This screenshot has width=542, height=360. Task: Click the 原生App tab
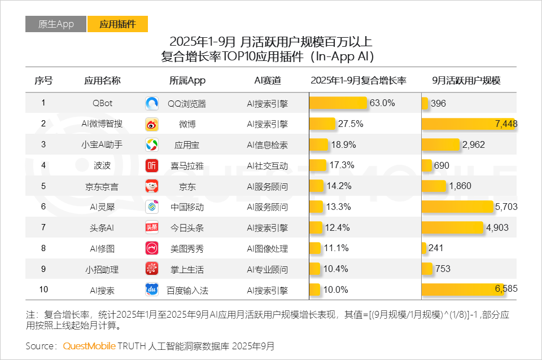56,24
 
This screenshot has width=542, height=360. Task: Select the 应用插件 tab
117,24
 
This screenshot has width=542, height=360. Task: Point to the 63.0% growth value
382,103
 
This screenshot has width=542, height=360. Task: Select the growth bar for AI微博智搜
322,124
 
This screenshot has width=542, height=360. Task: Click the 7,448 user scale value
506,124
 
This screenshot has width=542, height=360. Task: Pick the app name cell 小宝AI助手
102,145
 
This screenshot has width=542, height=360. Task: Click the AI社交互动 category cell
267,166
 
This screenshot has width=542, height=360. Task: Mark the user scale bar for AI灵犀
457,207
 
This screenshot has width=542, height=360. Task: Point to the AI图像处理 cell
267,249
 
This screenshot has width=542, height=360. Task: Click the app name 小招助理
102,269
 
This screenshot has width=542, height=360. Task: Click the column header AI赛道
267,81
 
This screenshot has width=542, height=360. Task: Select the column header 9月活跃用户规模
466,81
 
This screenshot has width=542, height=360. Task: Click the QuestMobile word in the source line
89,345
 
